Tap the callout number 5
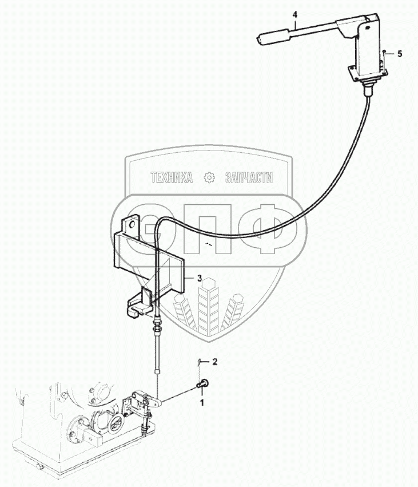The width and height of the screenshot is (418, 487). click(400, 53)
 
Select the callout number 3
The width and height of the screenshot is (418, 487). click(199, 278)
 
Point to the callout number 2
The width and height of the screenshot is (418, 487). click(215, 362)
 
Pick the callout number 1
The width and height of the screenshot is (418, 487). click(201, 402)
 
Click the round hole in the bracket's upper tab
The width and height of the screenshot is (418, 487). click(133, 220)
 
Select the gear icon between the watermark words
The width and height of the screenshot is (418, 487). click(209, 178)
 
